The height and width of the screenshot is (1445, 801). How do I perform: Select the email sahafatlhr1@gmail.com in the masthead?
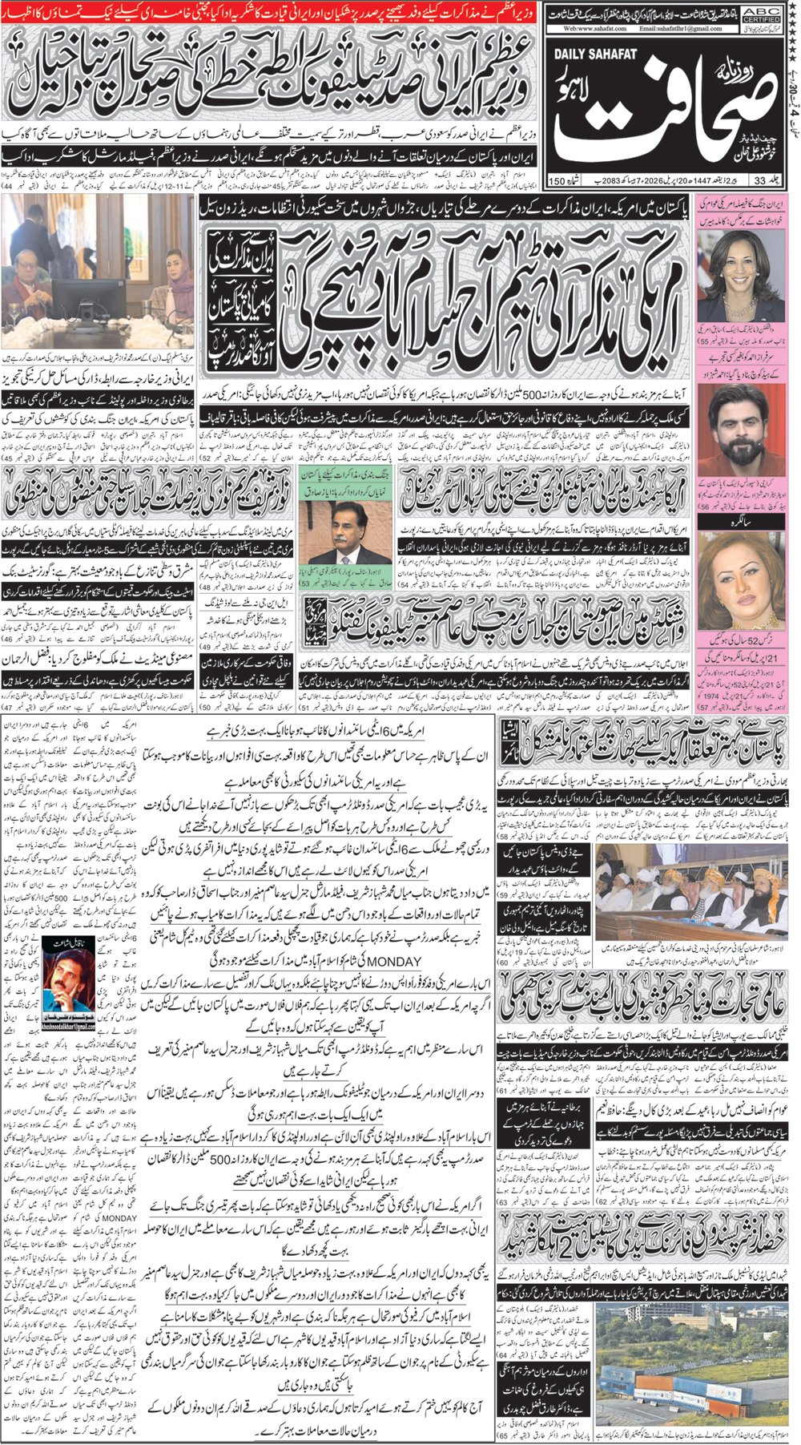(681, 28)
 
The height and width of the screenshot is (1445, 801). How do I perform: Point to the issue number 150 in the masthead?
(557, 180)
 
